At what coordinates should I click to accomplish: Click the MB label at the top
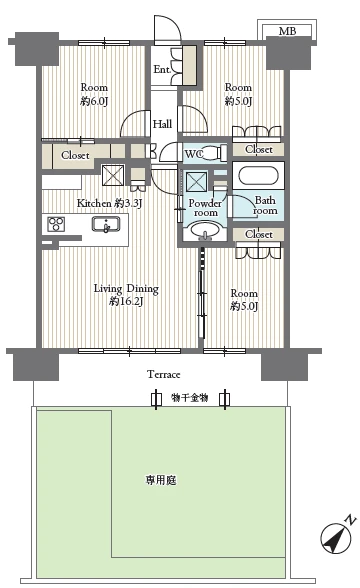[x=287, y=31]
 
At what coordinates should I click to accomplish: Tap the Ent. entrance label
[x=162, y=69]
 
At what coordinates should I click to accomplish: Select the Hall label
[x=162, y=124]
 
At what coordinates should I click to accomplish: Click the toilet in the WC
[x=215, y=153]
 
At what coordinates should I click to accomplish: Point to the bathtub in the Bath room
[x=258, y=176]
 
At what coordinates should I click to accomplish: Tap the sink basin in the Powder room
[x=205, y=231]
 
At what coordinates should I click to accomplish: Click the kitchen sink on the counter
[x=106, y=224]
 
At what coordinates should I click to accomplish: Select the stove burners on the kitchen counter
[x=56, y=224]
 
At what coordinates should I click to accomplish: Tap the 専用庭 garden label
[x=161, y=480]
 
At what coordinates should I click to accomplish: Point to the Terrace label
[x=164, y=374]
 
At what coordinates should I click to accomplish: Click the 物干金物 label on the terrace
[x=190, y=398]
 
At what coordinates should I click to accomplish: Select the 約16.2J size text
[x=126, y=301]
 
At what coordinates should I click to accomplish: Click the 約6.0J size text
[x=94, y=101]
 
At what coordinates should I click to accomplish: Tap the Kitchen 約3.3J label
[x=110, y=203]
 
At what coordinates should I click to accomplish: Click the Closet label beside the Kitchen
[x=75, y=155]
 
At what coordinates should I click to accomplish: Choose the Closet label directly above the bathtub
[x=259, y=149]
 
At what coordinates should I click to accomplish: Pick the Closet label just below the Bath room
[x=259, y=234]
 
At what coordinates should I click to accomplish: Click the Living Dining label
[x=126, y=289]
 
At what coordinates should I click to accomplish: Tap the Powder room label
[x=205, y=208]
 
